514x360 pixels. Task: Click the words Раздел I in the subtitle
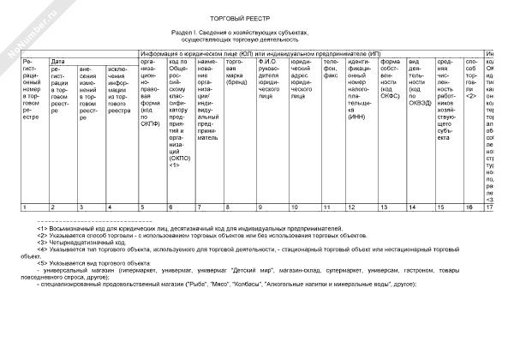click(x=185, y=32)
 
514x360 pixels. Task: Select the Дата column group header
click(x=58, y=62)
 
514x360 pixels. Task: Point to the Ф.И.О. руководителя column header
click(x=271, y=78)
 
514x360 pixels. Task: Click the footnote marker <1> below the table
click(x=43, y=229)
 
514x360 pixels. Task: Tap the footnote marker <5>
click(x=43, y=263)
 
